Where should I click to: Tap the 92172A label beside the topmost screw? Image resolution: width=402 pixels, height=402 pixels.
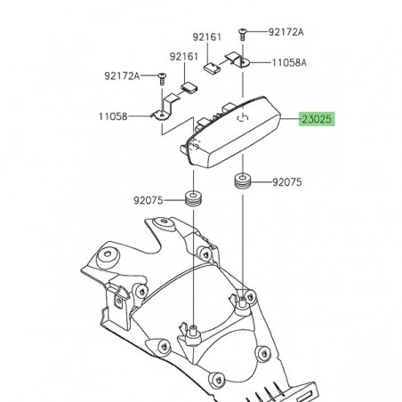285,32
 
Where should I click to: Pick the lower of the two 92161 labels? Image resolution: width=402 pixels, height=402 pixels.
185,56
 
